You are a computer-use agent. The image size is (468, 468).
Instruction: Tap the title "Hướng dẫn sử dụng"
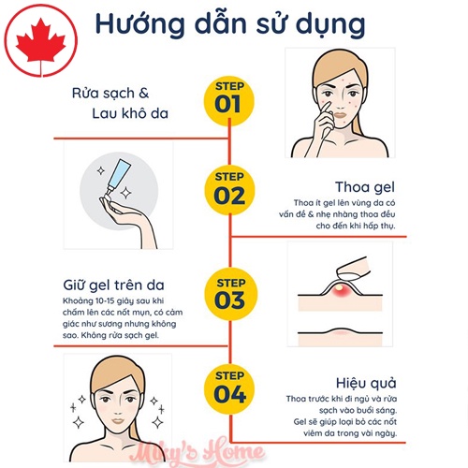[x=230, y=24]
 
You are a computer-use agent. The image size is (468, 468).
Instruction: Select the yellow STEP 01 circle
[x=229, y=99]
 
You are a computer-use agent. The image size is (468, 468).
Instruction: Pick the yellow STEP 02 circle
[x=229, y=190]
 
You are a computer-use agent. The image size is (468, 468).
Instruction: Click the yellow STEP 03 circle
[x=231, y=294]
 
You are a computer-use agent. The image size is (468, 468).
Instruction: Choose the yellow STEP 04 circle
[x=230, y=388]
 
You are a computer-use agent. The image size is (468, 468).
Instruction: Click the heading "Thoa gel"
[x=365, y=187]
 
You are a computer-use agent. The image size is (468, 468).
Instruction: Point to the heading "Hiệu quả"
[x=366, y=383]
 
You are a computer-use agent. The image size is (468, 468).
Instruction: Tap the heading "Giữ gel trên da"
[x=113, y=285]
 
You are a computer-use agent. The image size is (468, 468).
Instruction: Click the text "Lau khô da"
[x=130, y=113]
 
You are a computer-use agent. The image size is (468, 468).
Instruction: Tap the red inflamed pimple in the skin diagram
[x=340, y=291]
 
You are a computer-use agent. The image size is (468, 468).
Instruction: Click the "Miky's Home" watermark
[x=200, y=452]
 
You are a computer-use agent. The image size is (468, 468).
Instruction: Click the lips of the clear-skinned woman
[x=118, y=420]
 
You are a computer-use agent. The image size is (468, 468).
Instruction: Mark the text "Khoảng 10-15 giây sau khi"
[x=113, y=301]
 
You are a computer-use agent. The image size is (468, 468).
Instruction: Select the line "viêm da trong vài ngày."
[x=350, y=433]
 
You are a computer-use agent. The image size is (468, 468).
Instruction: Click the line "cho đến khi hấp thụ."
[x=356, y=226]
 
